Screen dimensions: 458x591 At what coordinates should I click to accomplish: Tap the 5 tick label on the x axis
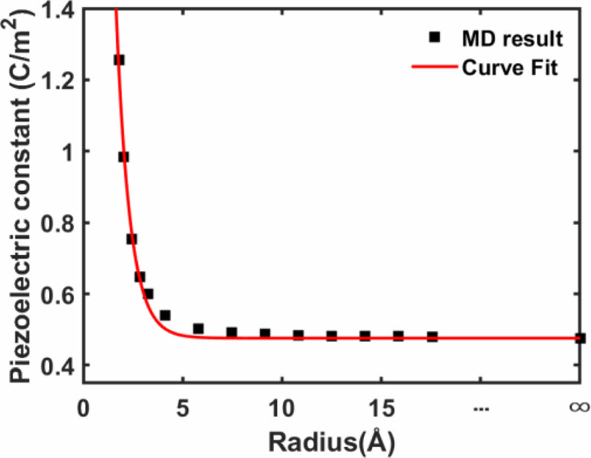pos(183,409)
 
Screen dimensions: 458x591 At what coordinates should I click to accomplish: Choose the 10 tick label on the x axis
pos(282,409)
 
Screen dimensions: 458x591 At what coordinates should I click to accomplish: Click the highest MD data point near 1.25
pos(119,60)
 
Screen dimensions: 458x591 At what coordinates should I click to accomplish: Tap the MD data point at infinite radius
pos(580,338)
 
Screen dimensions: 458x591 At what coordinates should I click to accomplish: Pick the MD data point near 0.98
pos(123,157)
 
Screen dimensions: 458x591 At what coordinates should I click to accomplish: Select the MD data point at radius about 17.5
pos(432,337)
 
